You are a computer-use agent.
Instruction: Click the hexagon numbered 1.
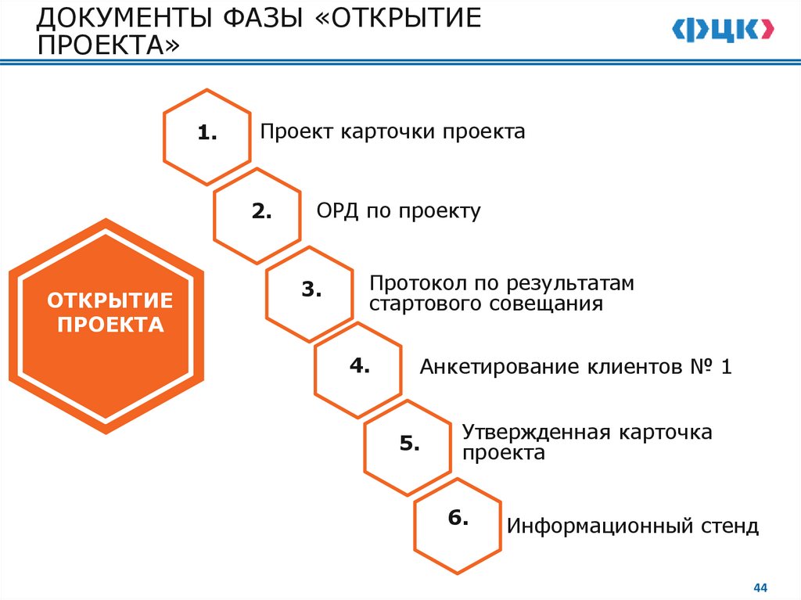point(207,135)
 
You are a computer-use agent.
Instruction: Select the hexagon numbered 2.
point(257,212)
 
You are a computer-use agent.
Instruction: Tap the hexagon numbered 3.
point(310,290)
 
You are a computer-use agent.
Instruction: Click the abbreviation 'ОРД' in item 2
point(338,211)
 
